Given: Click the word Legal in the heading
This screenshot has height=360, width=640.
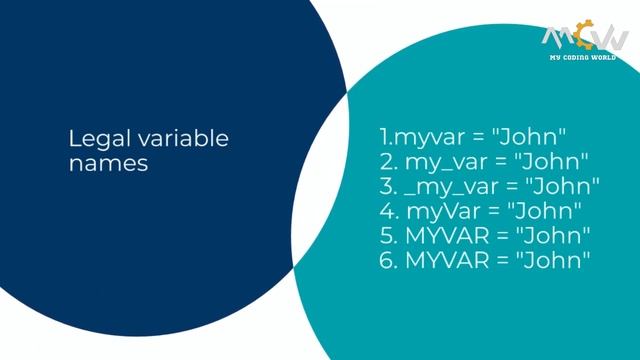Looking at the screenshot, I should click(91, 138).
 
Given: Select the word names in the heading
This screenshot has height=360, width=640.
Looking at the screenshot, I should click(108, 162).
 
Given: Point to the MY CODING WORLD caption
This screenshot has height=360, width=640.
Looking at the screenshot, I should click(585, 58).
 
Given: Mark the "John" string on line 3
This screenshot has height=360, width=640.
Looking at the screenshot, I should click(563, 186).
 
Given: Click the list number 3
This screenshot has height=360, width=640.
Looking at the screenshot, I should click(388, 186).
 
